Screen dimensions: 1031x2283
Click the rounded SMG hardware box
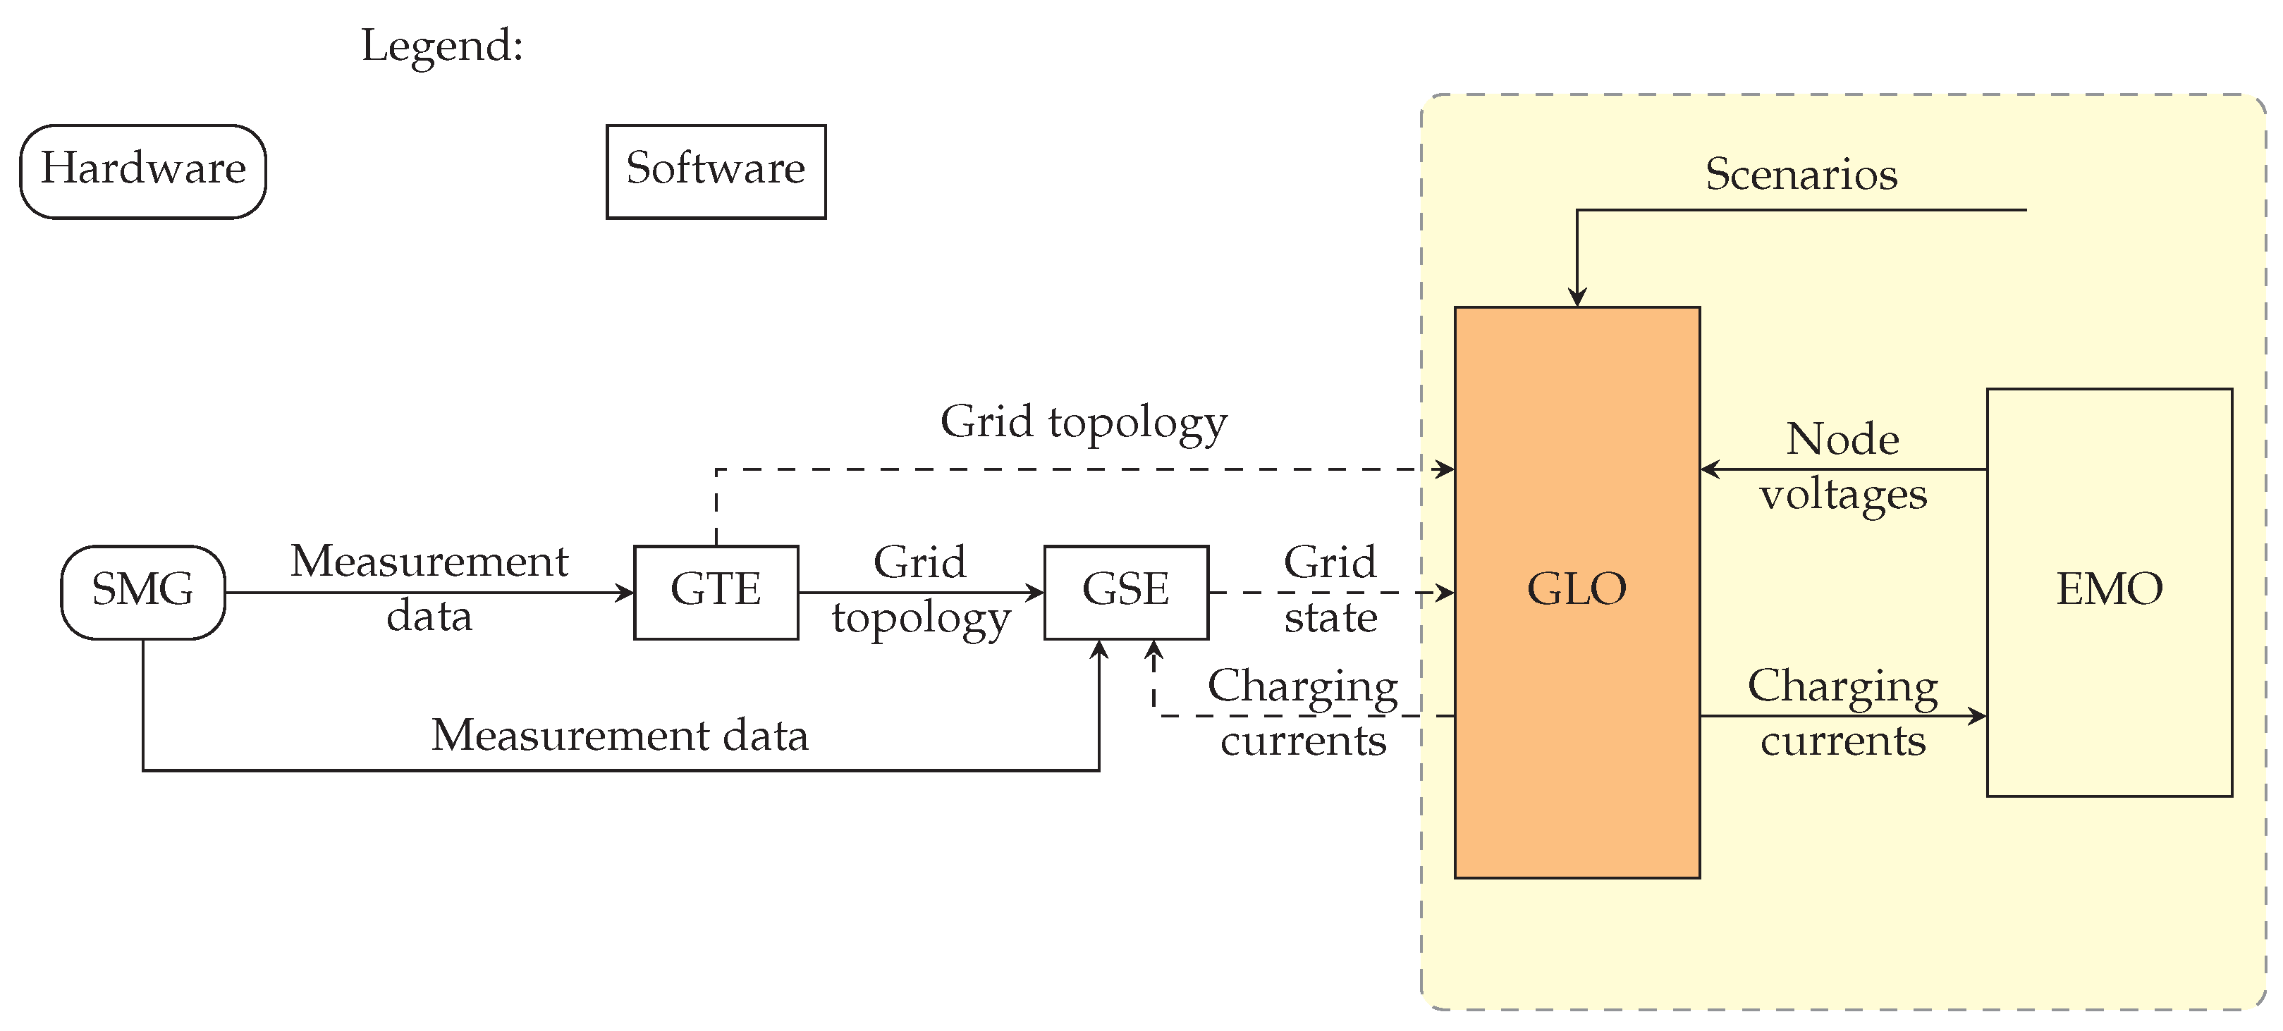[142, 592]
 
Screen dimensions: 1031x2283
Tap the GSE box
[1125, 592]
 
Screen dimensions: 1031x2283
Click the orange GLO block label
[1577, 589]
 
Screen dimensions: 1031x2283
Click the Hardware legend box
[142, 171]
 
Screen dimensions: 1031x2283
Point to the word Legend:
[441, 46]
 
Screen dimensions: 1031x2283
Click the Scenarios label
[1801, 173]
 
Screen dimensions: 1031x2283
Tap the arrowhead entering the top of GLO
[1577, 297]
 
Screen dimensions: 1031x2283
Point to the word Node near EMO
[1842, 439]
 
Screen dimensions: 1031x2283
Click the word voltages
[1842, 494]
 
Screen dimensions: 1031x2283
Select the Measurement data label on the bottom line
[620, 735]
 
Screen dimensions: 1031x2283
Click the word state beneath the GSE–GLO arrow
[1330, 617]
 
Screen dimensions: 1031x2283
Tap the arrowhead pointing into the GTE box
[625, 593]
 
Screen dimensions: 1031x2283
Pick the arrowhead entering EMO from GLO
[1978, 716]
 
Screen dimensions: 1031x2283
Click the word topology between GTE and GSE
[921, 619]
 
